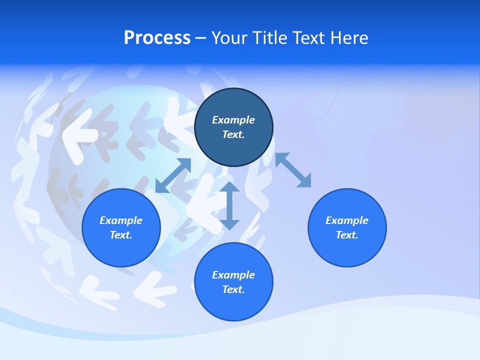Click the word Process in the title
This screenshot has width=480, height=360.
click(157, 38)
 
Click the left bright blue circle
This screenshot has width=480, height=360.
click(121, 250)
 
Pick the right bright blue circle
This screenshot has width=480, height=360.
click(347, 250)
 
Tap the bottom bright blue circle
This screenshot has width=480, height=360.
click(233, 305)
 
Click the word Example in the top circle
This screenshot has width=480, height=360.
click(233, 120)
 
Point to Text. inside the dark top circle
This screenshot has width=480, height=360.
click(233, 134)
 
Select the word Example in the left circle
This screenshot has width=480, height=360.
click(121, 220)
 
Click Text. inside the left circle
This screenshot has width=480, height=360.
click(121, 235)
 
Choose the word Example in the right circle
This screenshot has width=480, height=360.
click(347, 220)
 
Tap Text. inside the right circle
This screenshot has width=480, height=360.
click(347, 235)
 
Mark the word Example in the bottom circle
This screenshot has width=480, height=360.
click(233, 275)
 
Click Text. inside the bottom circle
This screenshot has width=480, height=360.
click(233, 289)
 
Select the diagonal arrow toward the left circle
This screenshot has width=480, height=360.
click(173, 175)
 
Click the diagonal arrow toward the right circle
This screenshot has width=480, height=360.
click(293, 170)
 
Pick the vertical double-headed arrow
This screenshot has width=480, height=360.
click(229, 205)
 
